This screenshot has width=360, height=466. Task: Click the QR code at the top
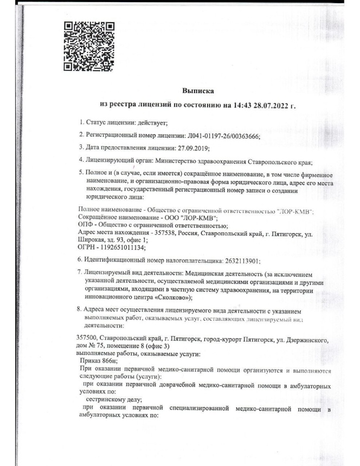click(x=89, y=48)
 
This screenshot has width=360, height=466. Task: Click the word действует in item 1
click(x=153, y=125)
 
